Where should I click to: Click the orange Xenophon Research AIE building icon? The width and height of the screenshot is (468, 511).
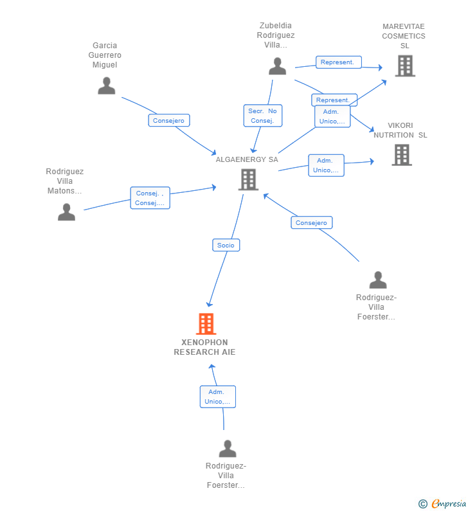pyautogui.click(x=206, y=324)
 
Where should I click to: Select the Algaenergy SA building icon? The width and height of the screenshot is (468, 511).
pyautogui.click(x=248, y=179)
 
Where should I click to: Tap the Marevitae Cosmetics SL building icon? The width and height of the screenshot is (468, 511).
pyautogui.click(x=404, y=66)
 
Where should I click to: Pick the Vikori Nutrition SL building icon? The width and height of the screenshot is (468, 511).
pyautogui.click(x=402, y=155)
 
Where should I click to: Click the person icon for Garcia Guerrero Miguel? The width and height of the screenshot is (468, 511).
pyautogui.click(x=107, y=85)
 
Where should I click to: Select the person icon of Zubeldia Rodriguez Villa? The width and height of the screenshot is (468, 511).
pyautogui.click(x=277, y=66)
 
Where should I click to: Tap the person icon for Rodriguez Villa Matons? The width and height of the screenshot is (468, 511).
pyautogui.click(x=66, y=212)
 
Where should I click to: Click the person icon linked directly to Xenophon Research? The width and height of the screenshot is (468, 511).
pyautogui.click(x=227, y=448)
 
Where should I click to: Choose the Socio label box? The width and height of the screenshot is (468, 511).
pyautogui.click(x=226, y=245)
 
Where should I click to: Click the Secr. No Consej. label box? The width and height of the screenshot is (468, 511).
pyautogui.click(x=262, y=116)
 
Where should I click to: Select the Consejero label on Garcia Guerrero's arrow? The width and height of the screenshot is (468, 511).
pyautogui.click(x=169, y=120)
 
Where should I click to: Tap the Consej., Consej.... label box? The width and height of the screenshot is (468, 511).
pyautogui.click(x=150, y=198)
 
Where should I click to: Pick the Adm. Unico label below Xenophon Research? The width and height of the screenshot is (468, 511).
pyautogui.click(x=217, y=397)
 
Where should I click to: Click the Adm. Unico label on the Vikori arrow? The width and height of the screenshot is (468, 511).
pyautogui.click(x=326, y=165)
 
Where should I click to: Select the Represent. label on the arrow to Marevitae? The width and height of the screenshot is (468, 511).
pyautogui.click(x=338, y=62)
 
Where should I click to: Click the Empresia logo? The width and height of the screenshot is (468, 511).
pyautogui.click(x=442, y=503)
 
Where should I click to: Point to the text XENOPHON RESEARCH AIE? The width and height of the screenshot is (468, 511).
pyautogui.click(x=204, y=347)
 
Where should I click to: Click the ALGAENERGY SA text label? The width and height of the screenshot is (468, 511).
pyautogui.click(x=247, y=159)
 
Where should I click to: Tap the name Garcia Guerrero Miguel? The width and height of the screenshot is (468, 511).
pyautogui.click(x=105, y=55)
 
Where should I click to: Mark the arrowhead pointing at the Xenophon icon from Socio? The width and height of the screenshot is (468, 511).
pyautogui.click(x=208, y=304)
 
